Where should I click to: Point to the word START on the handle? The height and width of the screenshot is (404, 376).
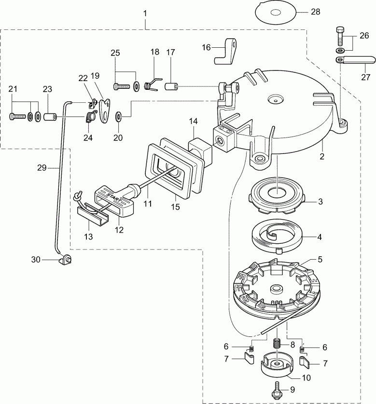[111, 197]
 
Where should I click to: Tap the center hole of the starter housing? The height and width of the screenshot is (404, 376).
[275, 100]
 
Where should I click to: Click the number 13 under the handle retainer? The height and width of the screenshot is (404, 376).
[88, 237]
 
